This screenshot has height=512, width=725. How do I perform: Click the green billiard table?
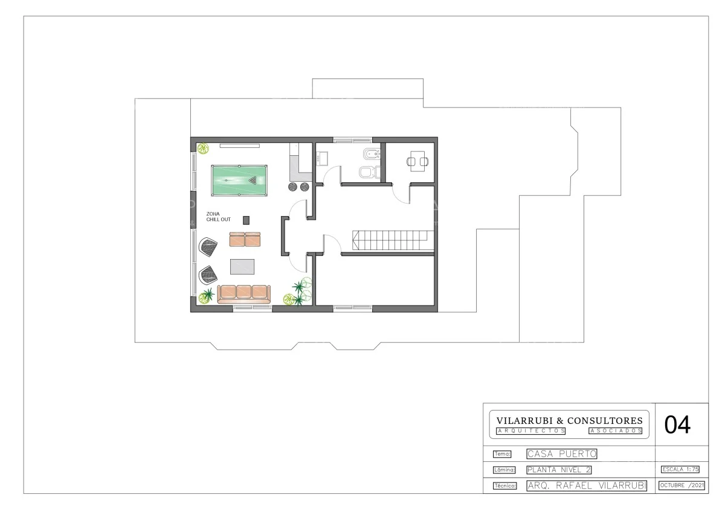coord(239,181)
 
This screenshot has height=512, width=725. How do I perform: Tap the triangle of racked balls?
coord(253,181)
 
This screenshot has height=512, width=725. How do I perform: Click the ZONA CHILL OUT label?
coord(219,217)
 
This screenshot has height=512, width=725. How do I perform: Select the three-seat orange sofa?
coord(243,294)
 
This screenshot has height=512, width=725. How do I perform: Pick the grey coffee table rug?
coord(242,266)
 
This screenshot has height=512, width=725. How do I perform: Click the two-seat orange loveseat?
coord(245,239)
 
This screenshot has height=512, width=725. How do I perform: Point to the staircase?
coord(393,240)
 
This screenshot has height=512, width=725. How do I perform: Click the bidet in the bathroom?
coord(372,154)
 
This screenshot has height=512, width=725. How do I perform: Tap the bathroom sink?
coord(322,159)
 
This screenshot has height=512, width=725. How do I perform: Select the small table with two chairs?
coord(417,161)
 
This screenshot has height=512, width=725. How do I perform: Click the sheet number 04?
coord(677,425)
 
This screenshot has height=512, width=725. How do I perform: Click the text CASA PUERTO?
coord(562,454)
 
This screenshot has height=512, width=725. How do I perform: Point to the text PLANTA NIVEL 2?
coord(559,470)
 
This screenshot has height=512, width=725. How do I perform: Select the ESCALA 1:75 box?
coord(680,469)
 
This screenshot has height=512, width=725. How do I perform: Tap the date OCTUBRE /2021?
coord(681,485)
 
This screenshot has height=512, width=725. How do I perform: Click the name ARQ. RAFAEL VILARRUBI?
coord(587,486)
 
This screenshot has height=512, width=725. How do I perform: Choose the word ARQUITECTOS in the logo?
coord(531,431)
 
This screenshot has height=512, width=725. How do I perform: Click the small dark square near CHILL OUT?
coord(246,220)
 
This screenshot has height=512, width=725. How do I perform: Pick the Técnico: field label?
coord(505,486)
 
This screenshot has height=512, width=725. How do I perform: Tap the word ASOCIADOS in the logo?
coord(615,431)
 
